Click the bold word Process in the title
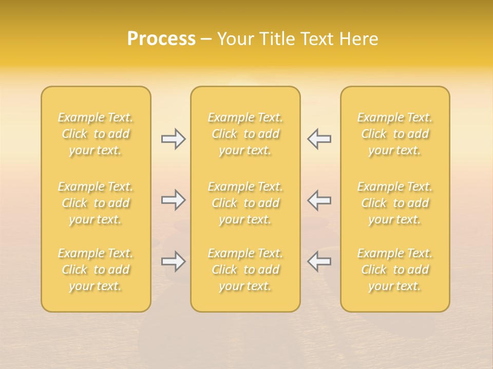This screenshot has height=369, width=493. coord(161,39)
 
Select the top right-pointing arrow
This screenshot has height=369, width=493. coord(173,138)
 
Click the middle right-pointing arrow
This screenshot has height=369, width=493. coord(173,200)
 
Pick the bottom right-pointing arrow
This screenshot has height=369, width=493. coord(173,261)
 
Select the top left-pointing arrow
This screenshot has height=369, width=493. coord(319,138)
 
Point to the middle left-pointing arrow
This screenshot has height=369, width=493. coord(319,200)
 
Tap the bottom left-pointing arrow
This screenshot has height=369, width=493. coord(319,261)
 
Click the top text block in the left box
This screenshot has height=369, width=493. coord(96,134)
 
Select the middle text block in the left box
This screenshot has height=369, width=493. coord(96,203)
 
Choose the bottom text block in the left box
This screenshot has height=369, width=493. coord(96,270)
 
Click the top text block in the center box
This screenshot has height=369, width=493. coord(245,134)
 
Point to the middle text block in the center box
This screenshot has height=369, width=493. coord(245,203)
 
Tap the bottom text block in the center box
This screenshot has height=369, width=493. coord(245,270)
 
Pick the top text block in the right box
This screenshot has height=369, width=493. coord(395,134)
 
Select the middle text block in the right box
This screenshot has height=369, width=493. coord(395,203)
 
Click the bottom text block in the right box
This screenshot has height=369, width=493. coord(395,270)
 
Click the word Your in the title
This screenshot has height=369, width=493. coord(234,39)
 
